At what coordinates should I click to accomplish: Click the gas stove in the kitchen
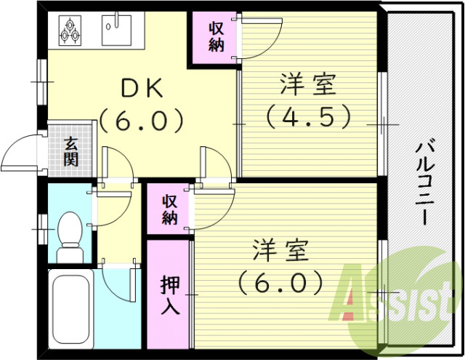(x=71, y=29)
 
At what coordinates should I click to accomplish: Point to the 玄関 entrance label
(x=70, y=151)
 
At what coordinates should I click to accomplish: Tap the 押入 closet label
(x=169, y=295)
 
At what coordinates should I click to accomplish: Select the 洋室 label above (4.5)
(x=308, y=86)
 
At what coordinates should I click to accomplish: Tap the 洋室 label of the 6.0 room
(x=280, y=249)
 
